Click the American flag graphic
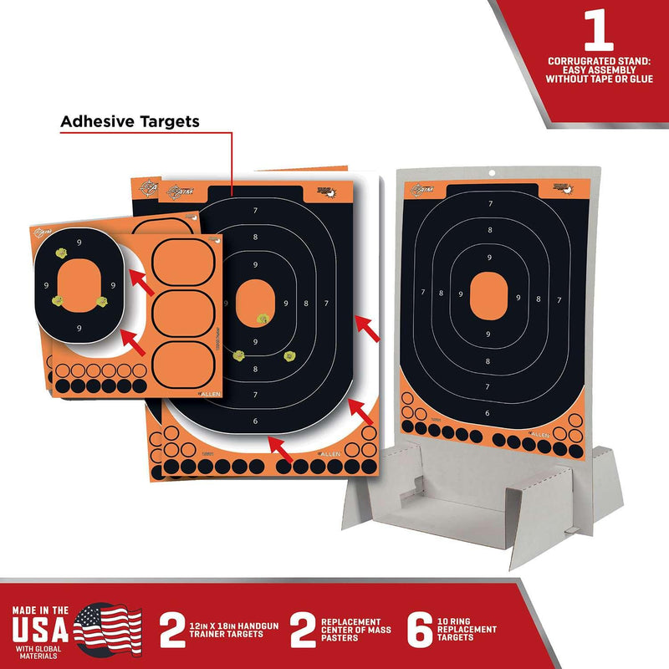point(112,625)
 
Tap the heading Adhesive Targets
point(130,121)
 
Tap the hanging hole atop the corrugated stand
point(491,173)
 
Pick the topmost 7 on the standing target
point(489,204)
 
